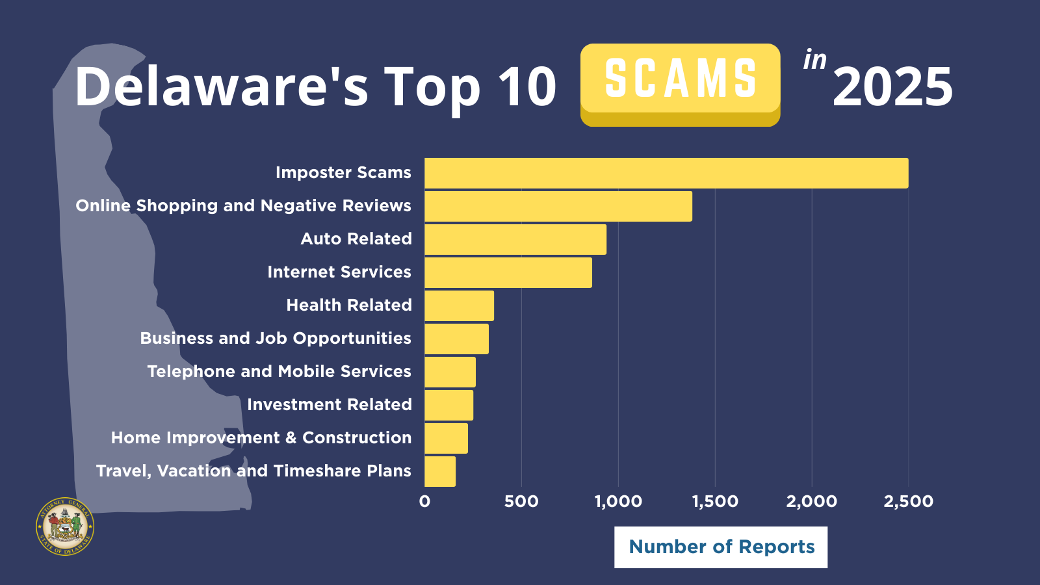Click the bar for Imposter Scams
tap(666, 173)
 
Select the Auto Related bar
tap(515, 239)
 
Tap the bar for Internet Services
tap(508, 272)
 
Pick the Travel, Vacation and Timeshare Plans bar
tap(440, 471)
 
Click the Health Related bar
tap(459, 305)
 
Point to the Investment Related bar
tap(448, 405)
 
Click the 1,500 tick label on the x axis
tap(715, 501)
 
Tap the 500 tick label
tap(521, 501)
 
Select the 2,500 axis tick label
tap(908, 501)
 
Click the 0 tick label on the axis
tap(424, 501)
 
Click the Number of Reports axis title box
tap(721, 547)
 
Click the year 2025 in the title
tap(892, 87)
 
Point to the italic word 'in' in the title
tap(814, 60)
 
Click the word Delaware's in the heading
tap(222, 86)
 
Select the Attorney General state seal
tap(65, 526)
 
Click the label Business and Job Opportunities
tap(276, 339)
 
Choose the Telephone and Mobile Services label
tap(279, 372)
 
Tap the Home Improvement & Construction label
tap(261, 438)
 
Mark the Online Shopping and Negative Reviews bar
tap(558, 206)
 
